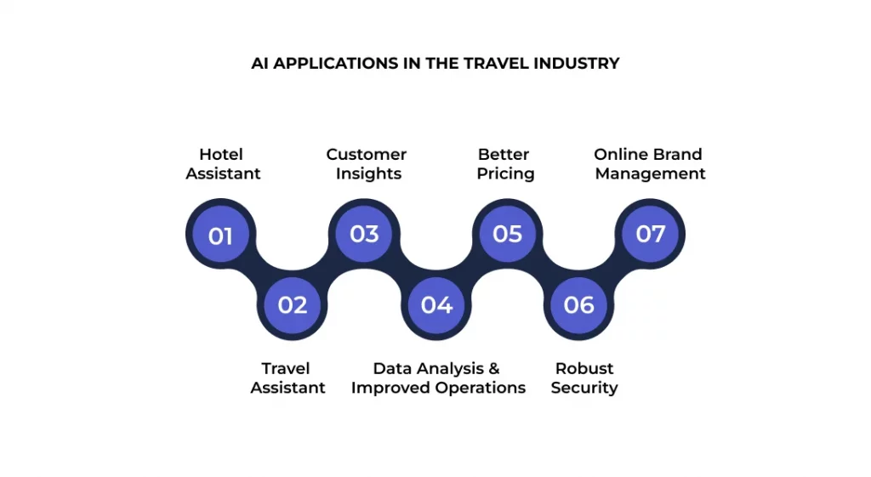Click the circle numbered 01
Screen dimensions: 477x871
[x=220, y=234]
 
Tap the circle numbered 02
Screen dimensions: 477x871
[x=292, y=304]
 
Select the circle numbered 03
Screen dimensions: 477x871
[x=364, y=234]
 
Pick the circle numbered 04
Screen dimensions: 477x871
[x=436, y=304]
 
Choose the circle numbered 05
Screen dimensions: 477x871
[x=508, y=234]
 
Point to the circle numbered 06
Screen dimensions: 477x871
[x=579, y=304]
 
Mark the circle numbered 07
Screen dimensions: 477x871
[x=651, y=234]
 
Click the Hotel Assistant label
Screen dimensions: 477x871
[x=223, y=164]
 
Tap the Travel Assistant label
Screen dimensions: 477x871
[x=287, y=378]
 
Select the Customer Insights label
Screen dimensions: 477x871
[x=367, y=164]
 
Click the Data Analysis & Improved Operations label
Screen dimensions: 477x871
[x=438, y=378]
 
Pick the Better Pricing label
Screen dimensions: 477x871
[x=504, y=164]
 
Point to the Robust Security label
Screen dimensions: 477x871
[x=584, y=378]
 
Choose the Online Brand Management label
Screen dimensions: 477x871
[x=649, y=164]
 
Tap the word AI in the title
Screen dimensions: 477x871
[x=259, y=63]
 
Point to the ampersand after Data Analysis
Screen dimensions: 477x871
[x=493, y=368]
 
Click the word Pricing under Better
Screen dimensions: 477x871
[x=505, y=173]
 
